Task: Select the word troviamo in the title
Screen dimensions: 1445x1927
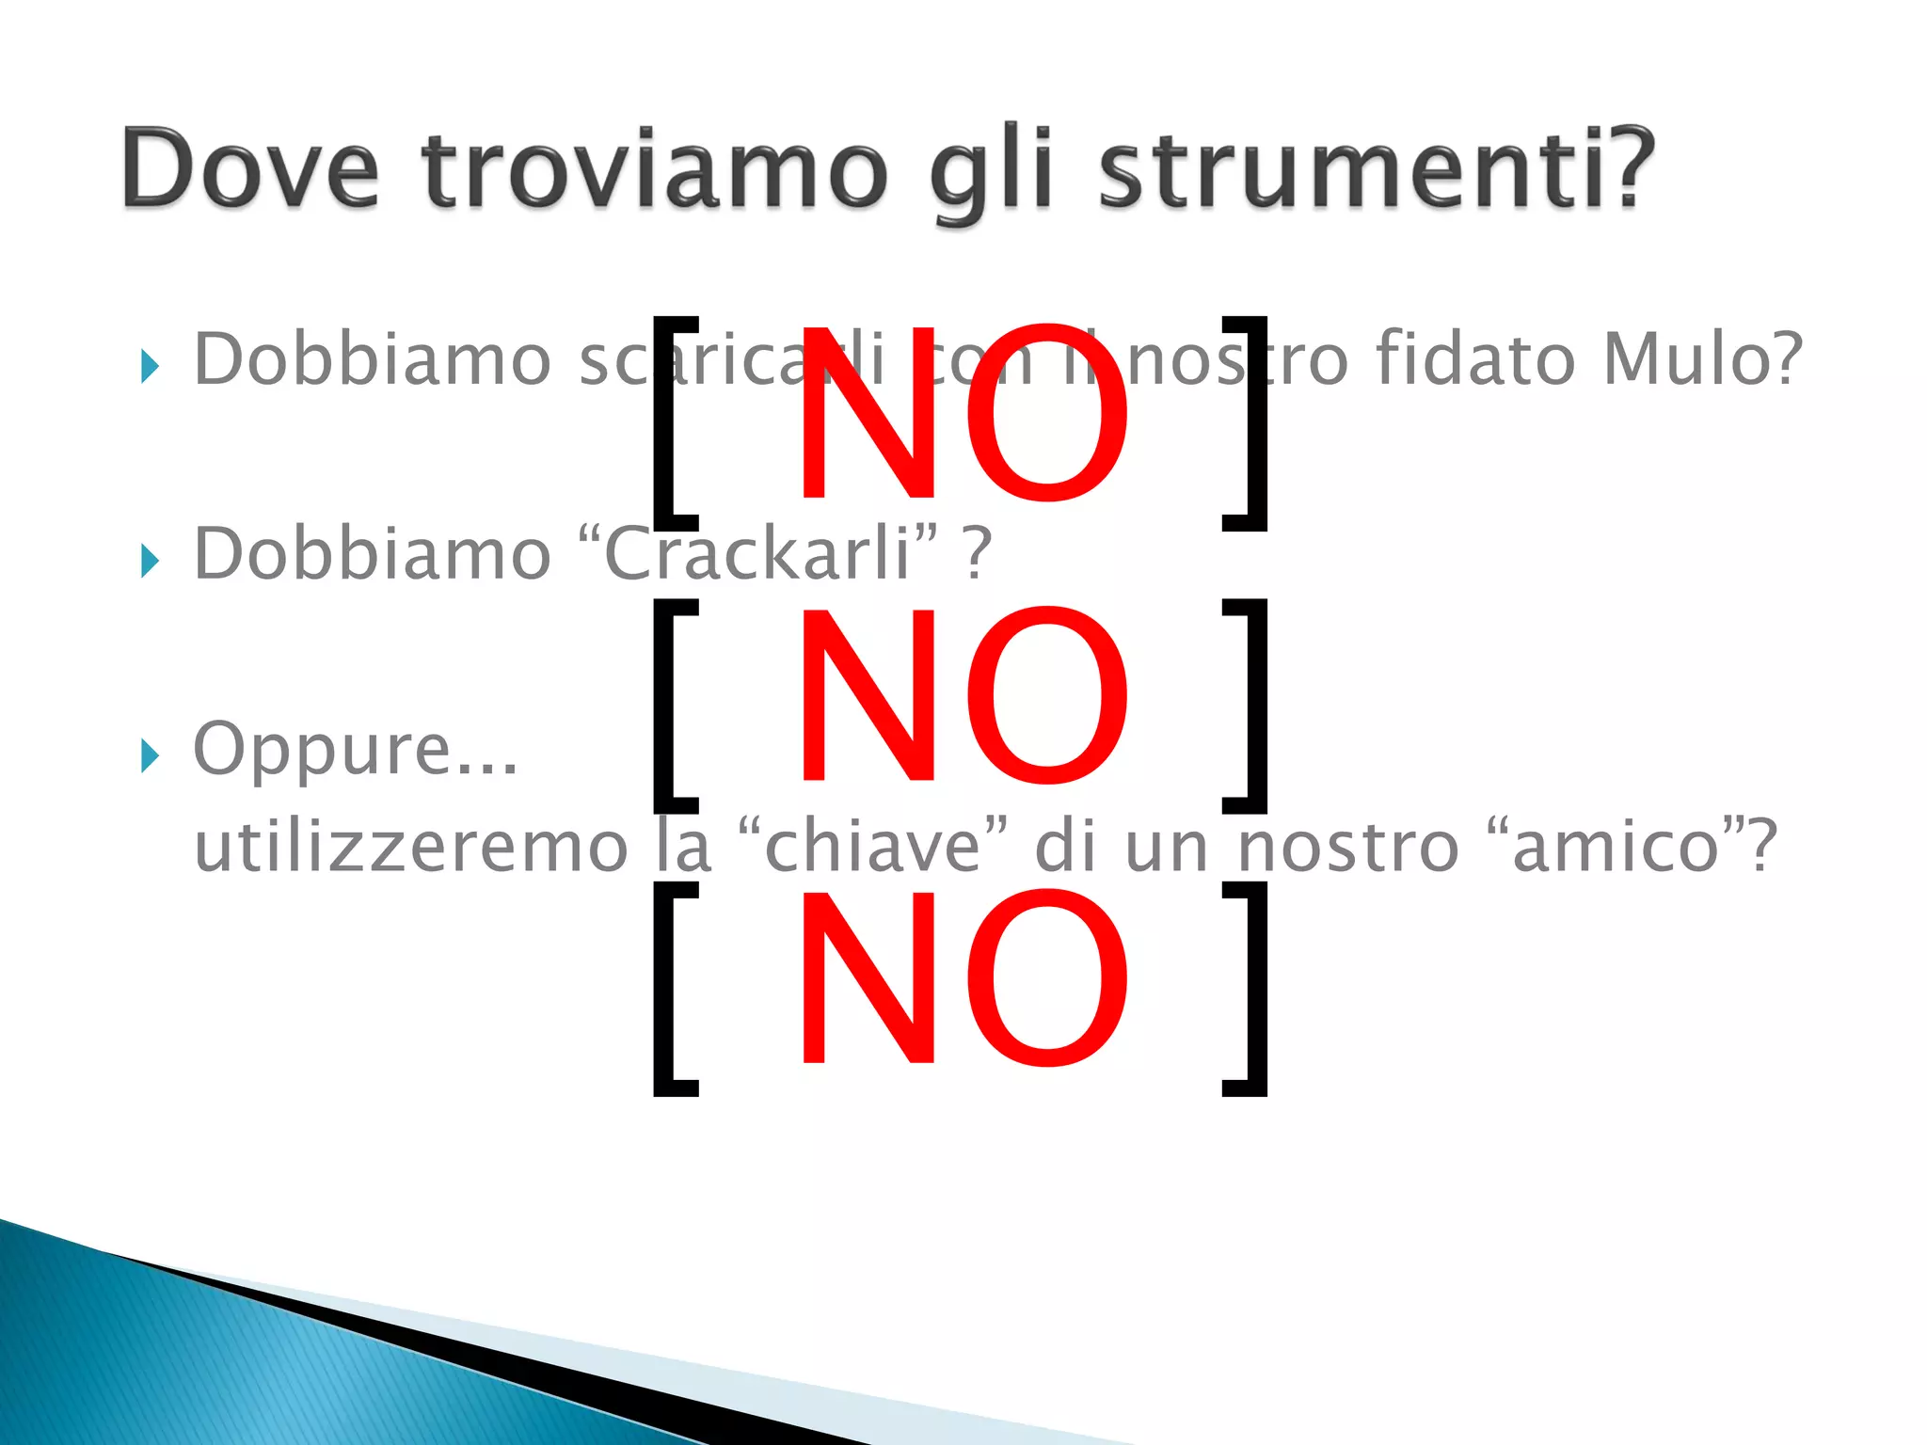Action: point(655,169)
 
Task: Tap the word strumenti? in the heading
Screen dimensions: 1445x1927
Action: point(1377,169)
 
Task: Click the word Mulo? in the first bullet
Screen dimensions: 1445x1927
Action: point(1703,359)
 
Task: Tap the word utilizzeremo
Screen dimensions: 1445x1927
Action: point(410,846)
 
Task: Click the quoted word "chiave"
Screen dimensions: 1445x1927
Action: point(873,846)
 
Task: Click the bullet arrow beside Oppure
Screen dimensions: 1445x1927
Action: point(150,754)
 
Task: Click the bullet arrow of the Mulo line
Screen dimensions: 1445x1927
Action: point(150,367)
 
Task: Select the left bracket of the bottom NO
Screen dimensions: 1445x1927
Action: point(674,990)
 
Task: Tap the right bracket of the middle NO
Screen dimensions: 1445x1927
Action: point(1248,706)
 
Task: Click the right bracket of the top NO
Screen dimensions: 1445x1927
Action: point(1248,423)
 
